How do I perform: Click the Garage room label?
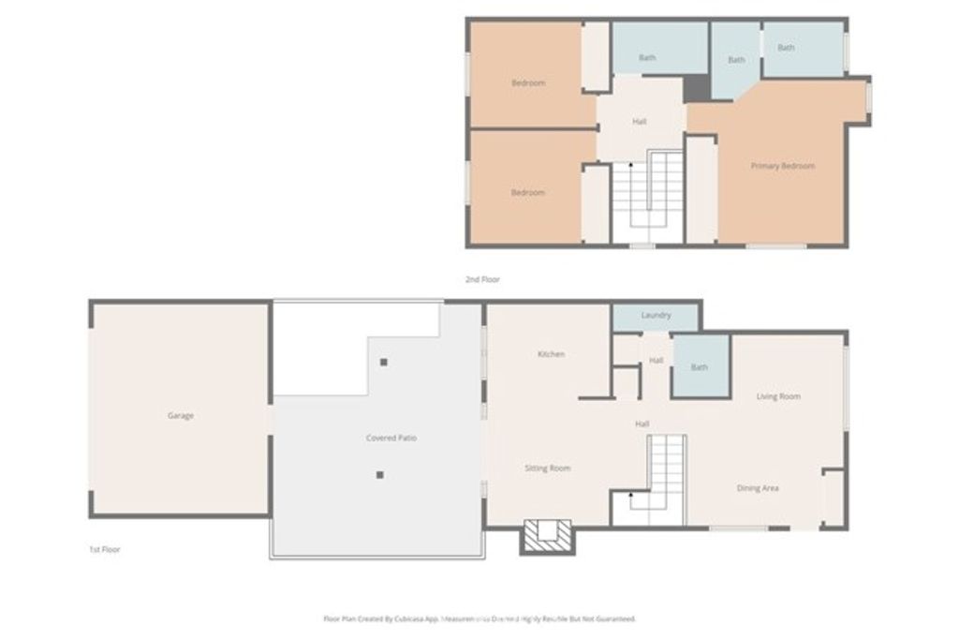click(181, 415)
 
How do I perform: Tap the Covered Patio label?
click(391, 438)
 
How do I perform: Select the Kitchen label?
click(551, 354)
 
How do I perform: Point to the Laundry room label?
click(656, 316)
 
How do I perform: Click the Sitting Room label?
click(547, 468)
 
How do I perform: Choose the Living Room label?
click(778, 396)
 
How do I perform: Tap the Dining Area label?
click(758, 488)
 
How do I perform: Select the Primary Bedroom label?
click(783, 166)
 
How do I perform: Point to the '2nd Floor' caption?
click(482, 279)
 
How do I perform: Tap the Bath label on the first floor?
click(700, 367)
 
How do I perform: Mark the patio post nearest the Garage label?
click(380, 475)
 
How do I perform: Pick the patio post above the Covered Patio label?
click(383, 362)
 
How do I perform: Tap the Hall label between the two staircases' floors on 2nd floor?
click(639, 122)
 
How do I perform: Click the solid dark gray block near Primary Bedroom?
click(696, 88)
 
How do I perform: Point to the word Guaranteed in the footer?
click(614, 619)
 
